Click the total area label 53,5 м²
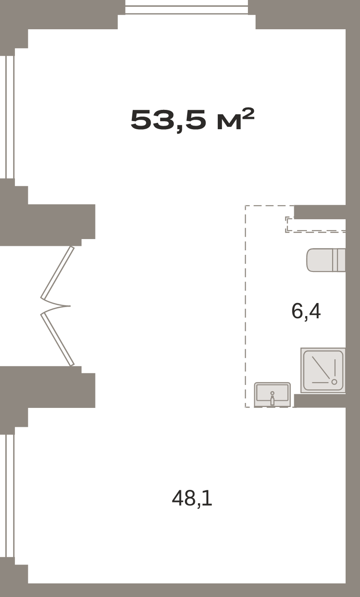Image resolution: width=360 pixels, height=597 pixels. (x=193, y=120)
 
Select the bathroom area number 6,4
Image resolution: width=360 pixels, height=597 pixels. (x=306, y=311)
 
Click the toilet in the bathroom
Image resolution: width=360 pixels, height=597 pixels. (x=326, y=260)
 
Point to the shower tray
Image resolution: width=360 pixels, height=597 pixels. (x=323, y=370)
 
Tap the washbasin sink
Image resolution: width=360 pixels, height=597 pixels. (x=272, y=395)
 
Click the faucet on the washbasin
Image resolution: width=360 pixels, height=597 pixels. (x=272, y=398)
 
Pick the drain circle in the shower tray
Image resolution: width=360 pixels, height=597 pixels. (x=334, y=382)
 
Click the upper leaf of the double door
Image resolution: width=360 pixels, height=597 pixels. (x=57, y=273)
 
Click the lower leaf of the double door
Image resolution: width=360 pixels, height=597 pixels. (x=57, y=339)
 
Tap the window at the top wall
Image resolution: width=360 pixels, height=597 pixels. (x=187, y=7)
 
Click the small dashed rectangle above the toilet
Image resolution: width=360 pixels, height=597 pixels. (x=315, y=224)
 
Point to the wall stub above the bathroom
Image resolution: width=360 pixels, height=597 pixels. (x=320, y=212)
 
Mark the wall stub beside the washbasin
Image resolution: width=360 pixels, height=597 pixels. (x=320, y=401)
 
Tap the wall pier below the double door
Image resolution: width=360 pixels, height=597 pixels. (x=48, y=388)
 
